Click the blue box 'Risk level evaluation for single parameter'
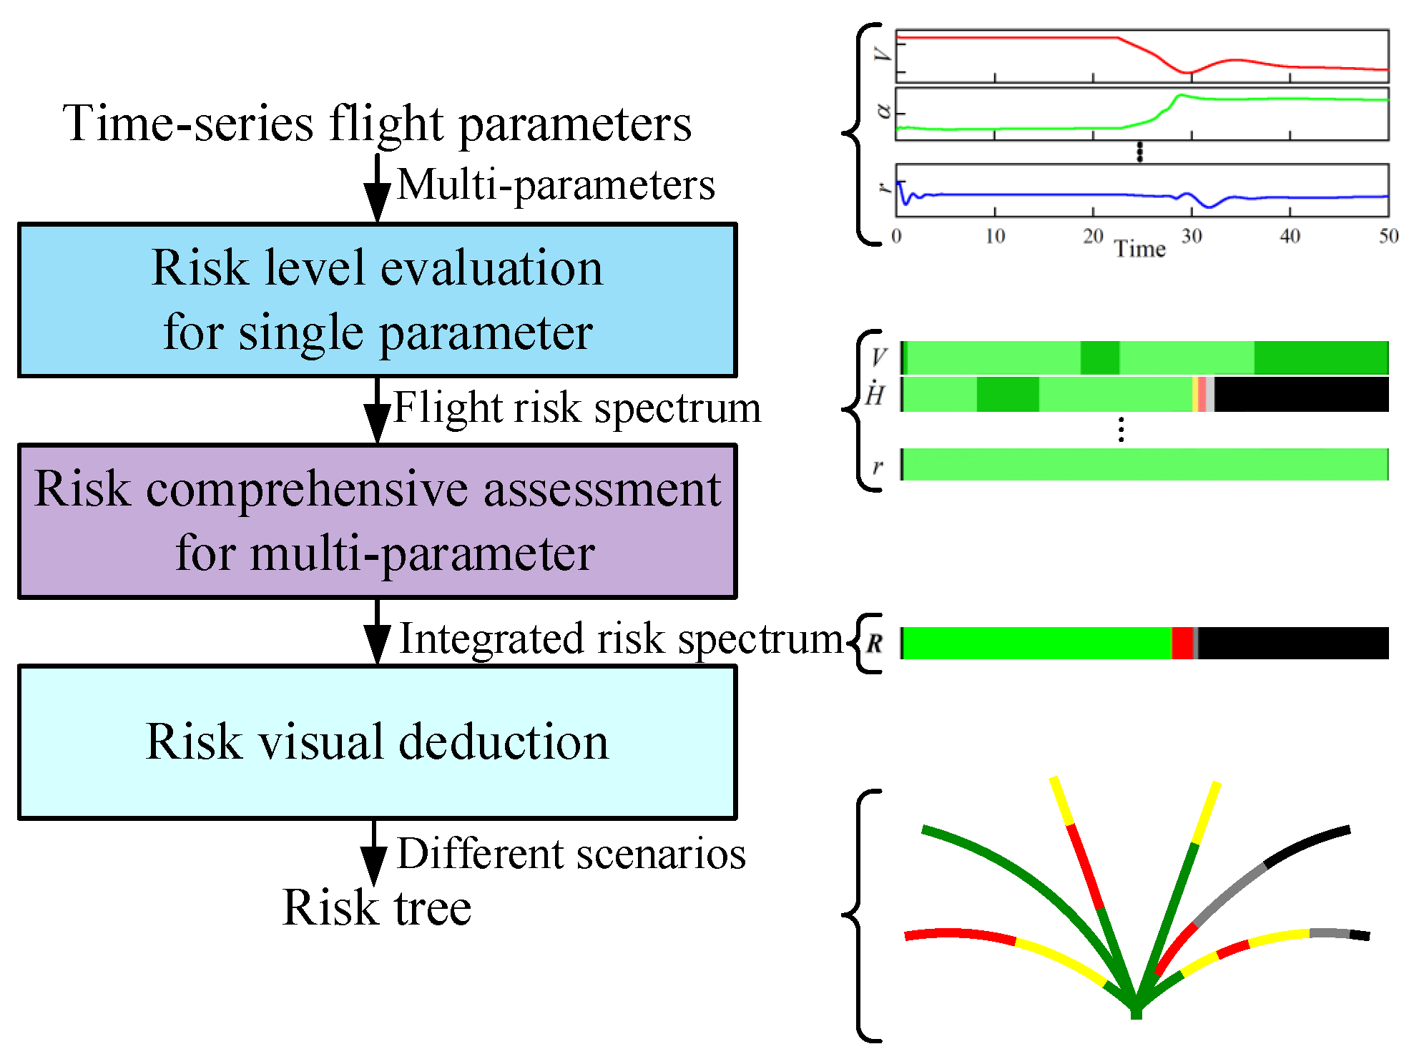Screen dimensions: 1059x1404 (377, 300)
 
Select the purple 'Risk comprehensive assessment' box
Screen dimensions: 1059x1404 (377, 521)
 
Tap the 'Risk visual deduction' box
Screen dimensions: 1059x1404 (377, 742)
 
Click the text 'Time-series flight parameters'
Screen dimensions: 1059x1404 (377, 123)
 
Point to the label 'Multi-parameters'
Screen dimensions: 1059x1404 (556, 185)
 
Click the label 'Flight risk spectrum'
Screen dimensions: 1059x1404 (576, 408)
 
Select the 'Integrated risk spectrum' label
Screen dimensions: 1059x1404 (621, 639)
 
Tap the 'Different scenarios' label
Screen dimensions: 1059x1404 (571, 854)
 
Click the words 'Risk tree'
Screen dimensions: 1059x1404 (377, 908)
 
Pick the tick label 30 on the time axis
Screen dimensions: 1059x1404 (1192, 236)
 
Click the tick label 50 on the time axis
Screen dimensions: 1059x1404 (1388, 236)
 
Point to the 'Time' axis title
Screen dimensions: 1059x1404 (1140, 249)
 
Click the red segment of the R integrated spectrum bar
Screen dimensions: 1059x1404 (1183, 643)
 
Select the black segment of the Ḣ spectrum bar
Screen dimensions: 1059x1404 (1302, 394)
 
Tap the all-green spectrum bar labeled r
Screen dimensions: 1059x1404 (1144, 464)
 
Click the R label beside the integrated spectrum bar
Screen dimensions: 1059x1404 (875, 643)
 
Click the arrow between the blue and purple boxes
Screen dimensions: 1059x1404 (377, 410)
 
